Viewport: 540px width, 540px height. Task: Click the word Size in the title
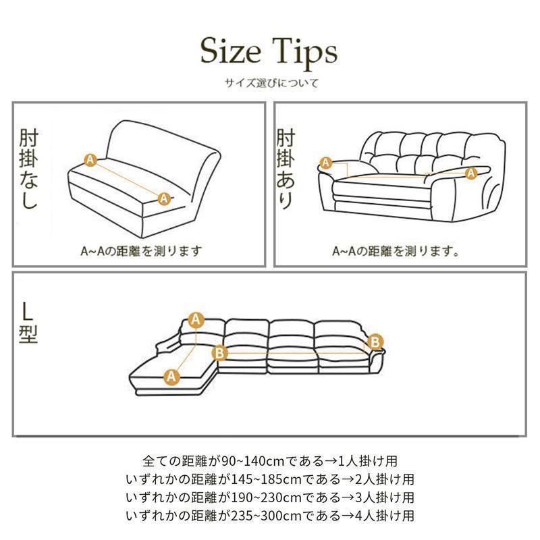pos(231,51)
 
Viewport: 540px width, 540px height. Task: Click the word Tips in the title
pos(305,54)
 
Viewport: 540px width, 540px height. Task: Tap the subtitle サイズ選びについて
pos(271,82)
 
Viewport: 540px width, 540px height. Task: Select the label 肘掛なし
pos(28,168)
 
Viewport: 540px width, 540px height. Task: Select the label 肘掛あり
pos(286,168)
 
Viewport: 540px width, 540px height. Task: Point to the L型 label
pos(28,323)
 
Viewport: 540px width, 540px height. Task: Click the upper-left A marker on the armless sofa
pos(90,160)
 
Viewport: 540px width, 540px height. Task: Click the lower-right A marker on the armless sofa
pos(164,198)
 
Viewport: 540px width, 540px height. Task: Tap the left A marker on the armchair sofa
pos(326,163)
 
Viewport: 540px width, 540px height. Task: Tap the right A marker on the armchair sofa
pos(471,173)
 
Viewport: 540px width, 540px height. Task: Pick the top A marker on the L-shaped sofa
pos(196,320)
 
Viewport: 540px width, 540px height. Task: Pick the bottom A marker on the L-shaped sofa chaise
pos(171,377)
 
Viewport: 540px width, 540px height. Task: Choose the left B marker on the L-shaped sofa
pos(219,353)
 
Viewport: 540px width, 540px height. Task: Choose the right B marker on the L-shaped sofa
pos(375,342)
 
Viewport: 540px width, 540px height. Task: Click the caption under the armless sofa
pos(141,251)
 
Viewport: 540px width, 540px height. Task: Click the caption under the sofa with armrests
pos(396,251)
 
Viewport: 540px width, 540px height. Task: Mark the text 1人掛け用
pos(367,461)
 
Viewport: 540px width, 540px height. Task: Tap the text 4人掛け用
pos(385,516)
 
